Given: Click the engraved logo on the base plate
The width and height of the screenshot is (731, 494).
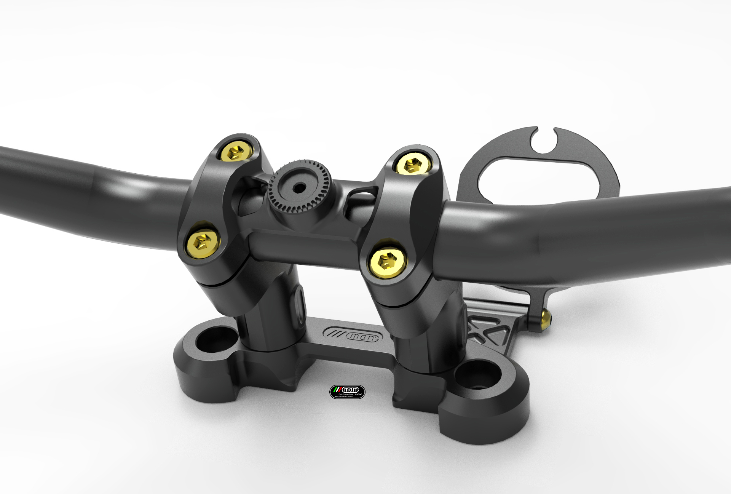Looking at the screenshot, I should [x=351, y=335].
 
